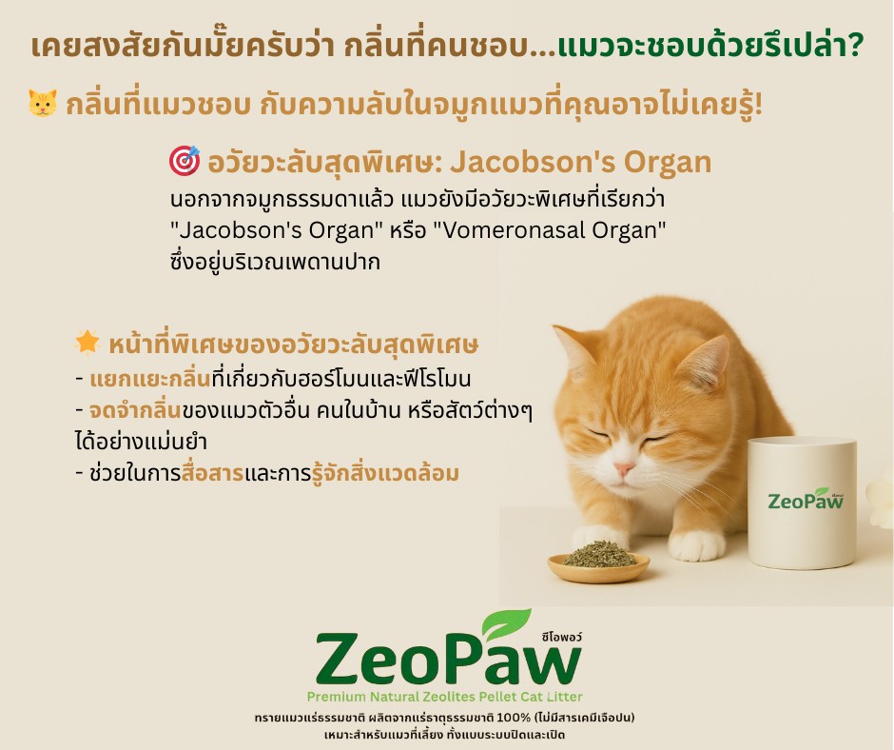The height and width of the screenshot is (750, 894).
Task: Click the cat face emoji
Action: (43, 104)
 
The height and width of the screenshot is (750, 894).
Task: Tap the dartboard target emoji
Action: (184, 163)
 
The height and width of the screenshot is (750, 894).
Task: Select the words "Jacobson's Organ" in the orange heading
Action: (580, 164)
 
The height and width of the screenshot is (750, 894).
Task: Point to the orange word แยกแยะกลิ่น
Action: (135, 378)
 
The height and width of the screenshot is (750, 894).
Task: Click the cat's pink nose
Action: (624, 469)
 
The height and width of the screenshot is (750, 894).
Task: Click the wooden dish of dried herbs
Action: (599, 562)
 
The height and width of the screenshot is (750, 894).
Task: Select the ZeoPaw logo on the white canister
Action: (806, 500)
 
